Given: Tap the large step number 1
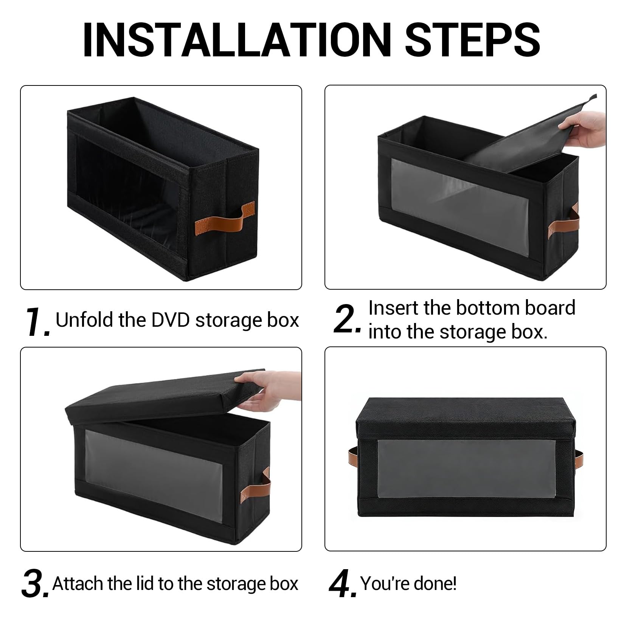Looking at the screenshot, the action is (38, 321).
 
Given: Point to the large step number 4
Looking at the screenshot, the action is (343, 584).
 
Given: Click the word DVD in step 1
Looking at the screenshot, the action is (171, 320).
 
